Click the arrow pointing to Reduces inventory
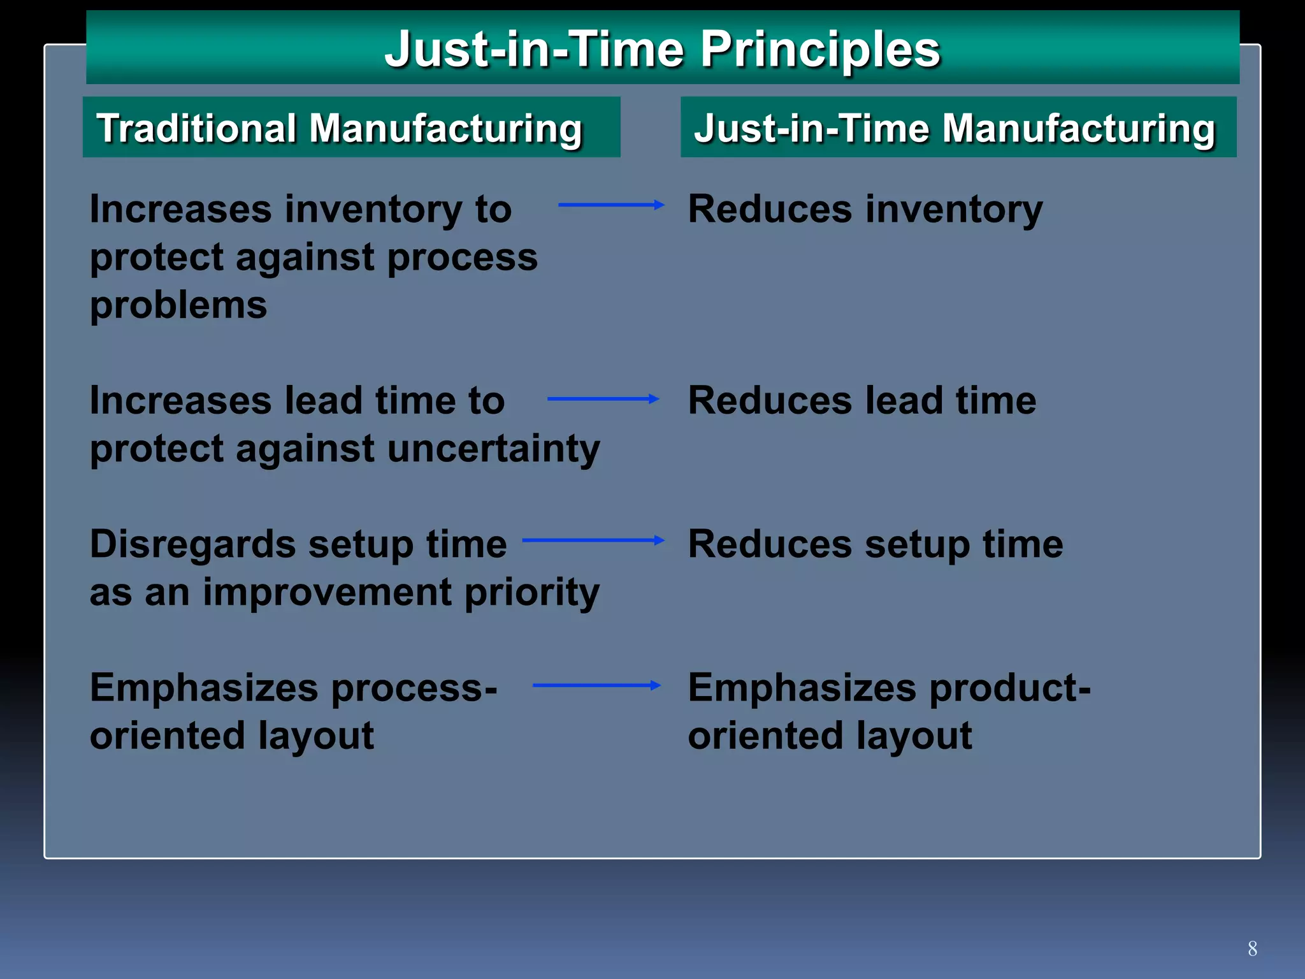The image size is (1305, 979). click(x=610, y=205)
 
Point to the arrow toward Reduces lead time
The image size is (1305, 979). click(x=602, y=399)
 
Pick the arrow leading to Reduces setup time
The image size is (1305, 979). click(x=593, y=540)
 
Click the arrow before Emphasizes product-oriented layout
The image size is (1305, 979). click(x=596, y=686)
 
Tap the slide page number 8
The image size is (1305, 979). click(x=1252, y=948)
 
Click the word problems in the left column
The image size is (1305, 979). click(x=178, y=306)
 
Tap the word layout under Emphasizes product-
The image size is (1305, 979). click(x=914, y=737)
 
